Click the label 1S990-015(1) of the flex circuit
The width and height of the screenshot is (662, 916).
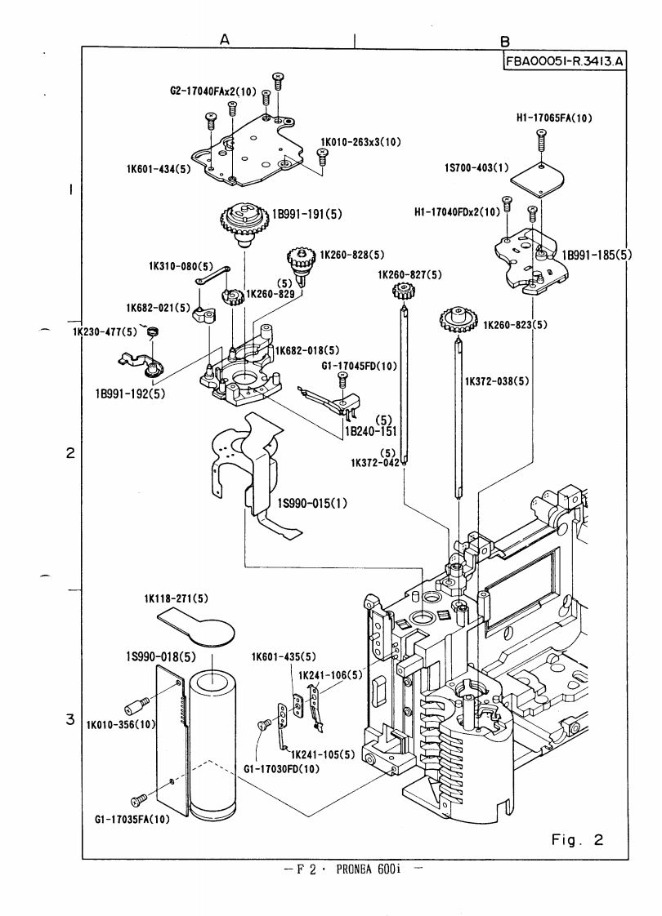(313, 503)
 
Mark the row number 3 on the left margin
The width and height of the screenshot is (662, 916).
(72, 721)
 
